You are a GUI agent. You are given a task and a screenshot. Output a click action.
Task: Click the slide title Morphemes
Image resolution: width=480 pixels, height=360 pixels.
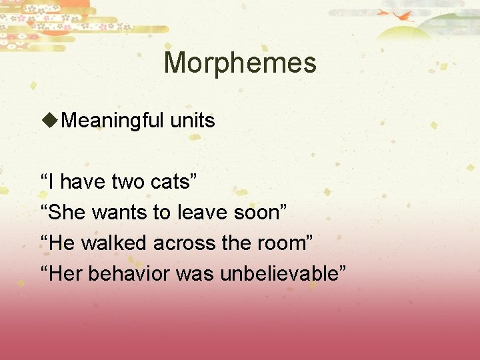pyautogui.click(x=240, y=63)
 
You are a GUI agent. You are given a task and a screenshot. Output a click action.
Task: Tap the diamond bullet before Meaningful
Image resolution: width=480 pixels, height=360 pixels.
pyautogui.click(x=50, y=121)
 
